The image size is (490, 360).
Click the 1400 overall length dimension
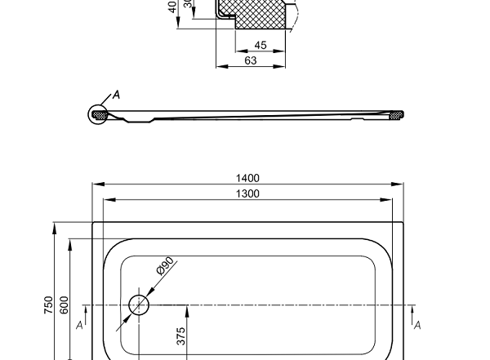click(x=247, y=177)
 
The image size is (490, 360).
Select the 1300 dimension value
click(x=247, y=193)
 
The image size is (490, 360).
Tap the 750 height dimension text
click(x=48, y=304)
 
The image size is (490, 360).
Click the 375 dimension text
click(x=181, y=336)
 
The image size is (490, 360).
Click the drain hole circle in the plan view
click(x=140, y=305)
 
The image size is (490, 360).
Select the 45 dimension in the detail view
click(x=261, y=45)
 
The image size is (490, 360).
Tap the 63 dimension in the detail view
click(x=251, y=60)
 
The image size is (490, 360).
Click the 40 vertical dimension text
click(x=173, y=7)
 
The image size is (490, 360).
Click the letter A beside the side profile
click(x=116, y=95)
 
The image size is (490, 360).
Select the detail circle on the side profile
click(x=99, y=114)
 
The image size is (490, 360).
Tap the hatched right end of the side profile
click(x=396, y=115)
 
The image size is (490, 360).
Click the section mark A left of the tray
click(x=79, y=325)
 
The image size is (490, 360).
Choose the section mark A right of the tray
click(x=416, y=325)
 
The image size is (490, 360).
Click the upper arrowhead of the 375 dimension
click(x=187, y=309)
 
